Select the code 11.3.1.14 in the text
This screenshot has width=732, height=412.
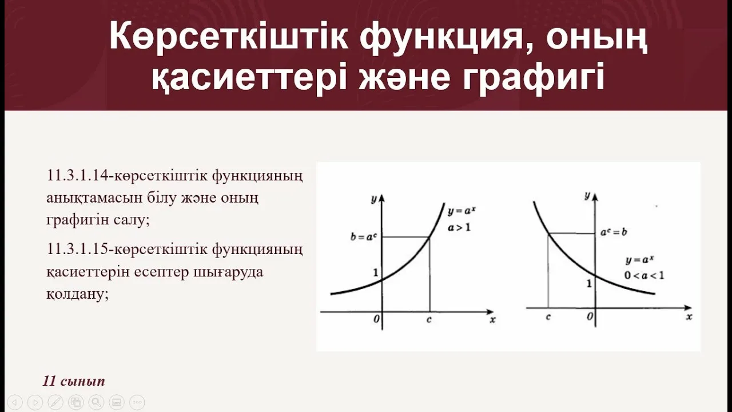[x=81, y=176]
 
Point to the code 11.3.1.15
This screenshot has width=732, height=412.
[x=81, y=249]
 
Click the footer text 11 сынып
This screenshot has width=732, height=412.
[x=74, y=381]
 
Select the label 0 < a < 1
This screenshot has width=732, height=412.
[x=644, y=275]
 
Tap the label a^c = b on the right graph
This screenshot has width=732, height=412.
[x=614, y=233]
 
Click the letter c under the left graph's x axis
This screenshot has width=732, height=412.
[x=429, y=320]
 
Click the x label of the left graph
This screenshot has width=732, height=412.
[x=492, y=320]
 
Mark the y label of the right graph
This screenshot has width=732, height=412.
[x=587, y=196]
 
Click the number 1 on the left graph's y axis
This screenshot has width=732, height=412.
[x=375, y=272]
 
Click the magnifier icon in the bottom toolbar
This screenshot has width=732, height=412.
[x=96, y=402]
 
